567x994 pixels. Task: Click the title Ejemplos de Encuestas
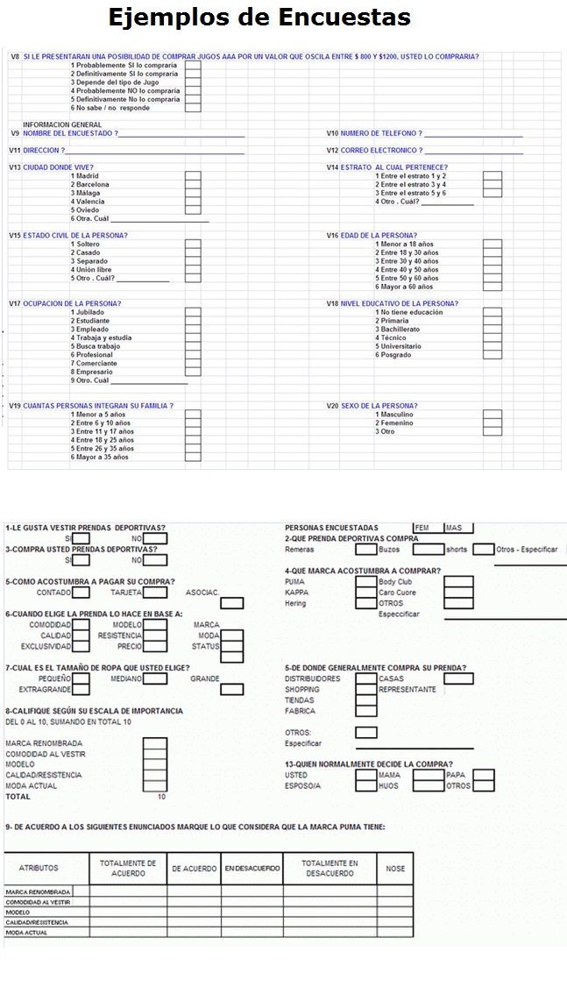click(259, 17)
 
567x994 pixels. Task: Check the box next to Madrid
click(193, 176)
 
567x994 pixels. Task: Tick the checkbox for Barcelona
click(193, 185)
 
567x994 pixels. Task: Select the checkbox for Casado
click(193, 252)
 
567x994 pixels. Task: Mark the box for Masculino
click(493, 415)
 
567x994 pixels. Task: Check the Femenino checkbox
click(493, 423)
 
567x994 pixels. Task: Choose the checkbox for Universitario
click(493, 346)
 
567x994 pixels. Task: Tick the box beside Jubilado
click(193, 312)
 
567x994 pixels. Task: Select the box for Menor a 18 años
click(493, 245)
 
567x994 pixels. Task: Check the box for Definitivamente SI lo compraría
click(193, 74)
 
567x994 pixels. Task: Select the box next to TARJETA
click(155, 593)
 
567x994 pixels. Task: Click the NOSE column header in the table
click(396, 869)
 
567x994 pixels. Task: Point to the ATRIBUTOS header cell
click(39, 869)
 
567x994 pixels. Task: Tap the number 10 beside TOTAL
click(161, 797)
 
